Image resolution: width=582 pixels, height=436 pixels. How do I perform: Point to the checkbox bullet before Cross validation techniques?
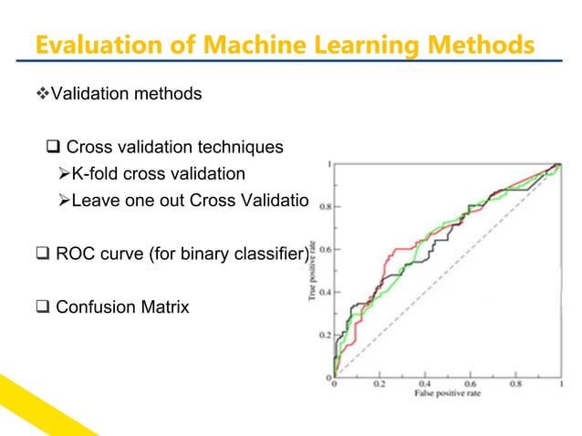pos(52,147)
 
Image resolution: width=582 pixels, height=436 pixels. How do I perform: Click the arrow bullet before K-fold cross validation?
pos(61,173)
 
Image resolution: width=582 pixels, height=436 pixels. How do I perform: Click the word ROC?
pos(77,254)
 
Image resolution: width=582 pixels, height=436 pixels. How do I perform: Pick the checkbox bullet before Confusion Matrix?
pos(43,306)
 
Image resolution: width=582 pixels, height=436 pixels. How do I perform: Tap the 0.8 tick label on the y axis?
pos(324,206)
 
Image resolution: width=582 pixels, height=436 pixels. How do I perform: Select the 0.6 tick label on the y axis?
pos(324,249)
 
